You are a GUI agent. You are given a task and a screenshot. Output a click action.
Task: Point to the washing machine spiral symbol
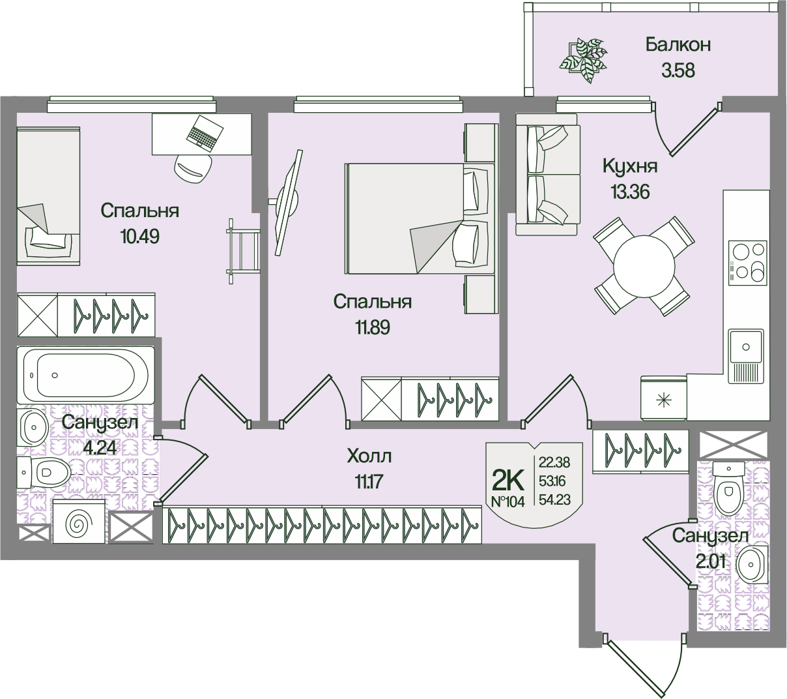(77, 522)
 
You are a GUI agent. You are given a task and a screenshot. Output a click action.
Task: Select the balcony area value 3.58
(678, 70)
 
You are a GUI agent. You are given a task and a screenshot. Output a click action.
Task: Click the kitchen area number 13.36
(630, 192)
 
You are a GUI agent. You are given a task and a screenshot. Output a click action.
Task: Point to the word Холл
(369, 454)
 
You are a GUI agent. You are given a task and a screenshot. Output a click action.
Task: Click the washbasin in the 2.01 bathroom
(753, 563)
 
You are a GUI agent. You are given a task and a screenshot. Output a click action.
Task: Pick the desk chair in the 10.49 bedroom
(192, 169)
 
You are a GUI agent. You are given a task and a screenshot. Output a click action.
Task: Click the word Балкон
(678, 44)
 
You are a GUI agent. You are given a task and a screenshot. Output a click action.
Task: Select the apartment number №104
(508, 503)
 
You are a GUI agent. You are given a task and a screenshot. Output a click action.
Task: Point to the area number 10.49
(139, 235)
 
